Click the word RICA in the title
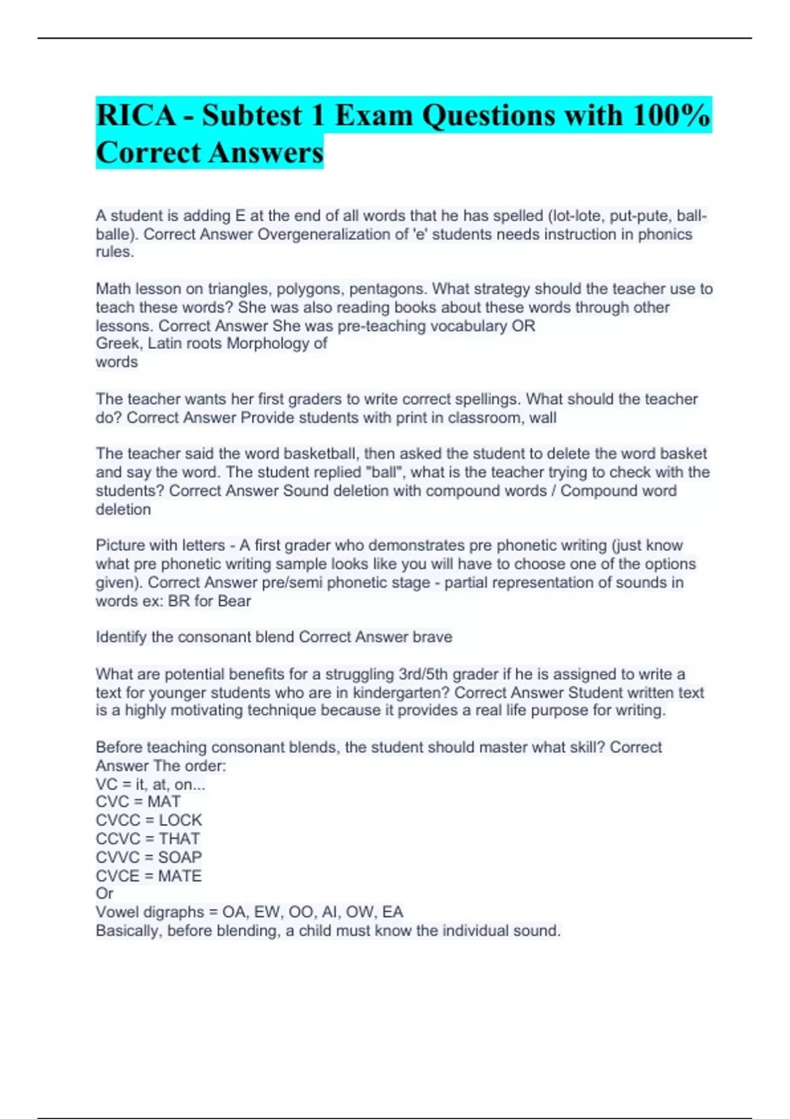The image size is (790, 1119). (136, 115)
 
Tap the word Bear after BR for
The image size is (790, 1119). (232, 601)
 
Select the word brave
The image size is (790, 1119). (432, 637)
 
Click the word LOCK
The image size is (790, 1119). (180, 820)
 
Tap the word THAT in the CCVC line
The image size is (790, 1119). (179, 839)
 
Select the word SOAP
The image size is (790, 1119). (180, 857)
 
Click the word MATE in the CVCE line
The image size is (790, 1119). (180, 876)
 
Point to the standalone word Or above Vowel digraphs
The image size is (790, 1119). (105, 893)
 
